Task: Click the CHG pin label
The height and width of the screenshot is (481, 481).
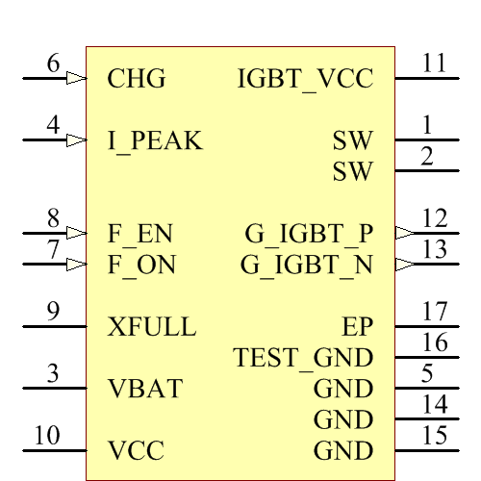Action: click(137, 79)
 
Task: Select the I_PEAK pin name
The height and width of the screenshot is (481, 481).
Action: click(156, 141)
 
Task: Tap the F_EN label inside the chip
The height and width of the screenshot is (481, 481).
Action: click(141, 234)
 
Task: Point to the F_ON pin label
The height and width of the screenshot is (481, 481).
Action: click(142, 265)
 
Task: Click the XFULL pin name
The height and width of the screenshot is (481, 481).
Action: click(153, 327)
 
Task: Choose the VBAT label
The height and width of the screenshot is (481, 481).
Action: click(145, 390)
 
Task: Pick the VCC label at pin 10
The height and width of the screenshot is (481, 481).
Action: click(136, 451)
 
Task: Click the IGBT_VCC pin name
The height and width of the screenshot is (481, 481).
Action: click(305, 80)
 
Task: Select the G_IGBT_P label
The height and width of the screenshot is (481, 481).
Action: click(309, 234)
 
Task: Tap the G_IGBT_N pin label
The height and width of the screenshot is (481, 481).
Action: click(307, 265)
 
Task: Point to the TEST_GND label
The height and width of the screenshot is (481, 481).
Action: click(303, 359)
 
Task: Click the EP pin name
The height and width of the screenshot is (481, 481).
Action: click(357, 327)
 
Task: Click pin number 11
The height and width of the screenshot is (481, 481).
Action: click(435, 64)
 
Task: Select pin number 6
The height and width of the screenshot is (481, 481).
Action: click(54, 64)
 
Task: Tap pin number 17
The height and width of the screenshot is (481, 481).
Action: click(435, 312)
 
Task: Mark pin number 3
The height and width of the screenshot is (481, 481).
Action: click(54, 374)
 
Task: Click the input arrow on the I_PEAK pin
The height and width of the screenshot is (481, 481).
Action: click(76, 140)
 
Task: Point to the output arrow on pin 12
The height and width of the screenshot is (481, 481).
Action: click(405, 233)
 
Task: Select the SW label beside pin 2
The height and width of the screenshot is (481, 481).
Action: click(352, 172)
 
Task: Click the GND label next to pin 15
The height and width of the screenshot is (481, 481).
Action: click(343, 451)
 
